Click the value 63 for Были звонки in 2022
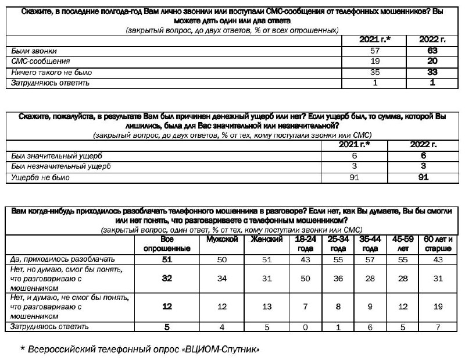pyautogui.click(x=430, y=51)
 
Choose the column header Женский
pyautogui.click(x=267, y=240)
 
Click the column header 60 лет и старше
pyautogui.click(x=439, y=244)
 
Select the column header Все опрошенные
pyautogui.click(x=167, y=244)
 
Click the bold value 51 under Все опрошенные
pyautogui.click(x=167, y=259)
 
